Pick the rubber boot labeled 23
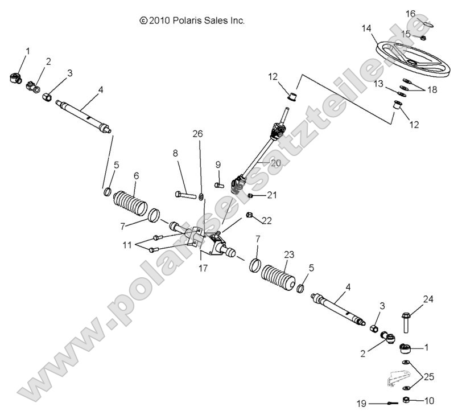pos(278,277)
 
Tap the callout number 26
pos(197,134)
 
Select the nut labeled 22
pos(249,215)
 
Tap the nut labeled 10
pos(407,400)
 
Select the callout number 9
pos(217,165)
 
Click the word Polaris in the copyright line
pos(184,20)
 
